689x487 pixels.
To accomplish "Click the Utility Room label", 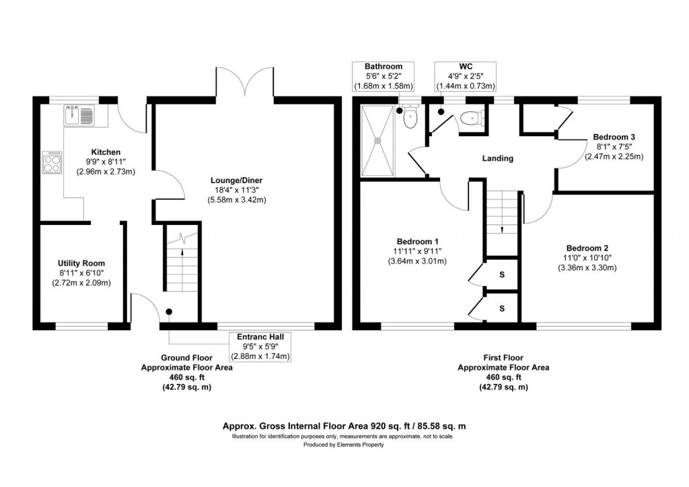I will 81,263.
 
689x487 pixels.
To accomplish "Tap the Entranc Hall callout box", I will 260,346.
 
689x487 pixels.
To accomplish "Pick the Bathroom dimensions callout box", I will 384,76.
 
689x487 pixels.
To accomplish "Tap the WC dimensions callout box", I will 466,76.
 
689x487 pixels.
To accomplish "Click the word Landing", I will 498,159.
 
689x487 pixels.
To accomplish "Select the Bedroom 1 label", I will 418,242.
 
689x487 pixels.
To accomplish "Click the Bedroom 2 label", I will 587,247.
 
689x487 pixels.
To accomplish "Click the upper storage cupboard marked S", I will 501,275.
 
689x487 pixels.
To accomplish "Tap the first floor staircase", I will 503,212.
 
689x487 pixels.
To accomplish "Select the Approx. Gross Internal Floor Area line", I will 344,426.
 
